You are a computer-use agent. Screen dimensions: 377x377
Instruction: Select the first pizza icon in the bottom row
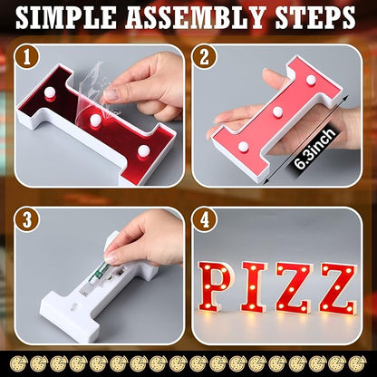(12, 362)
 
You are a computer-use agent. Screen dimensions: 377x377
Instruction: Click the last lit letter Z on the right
(336, 288)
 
